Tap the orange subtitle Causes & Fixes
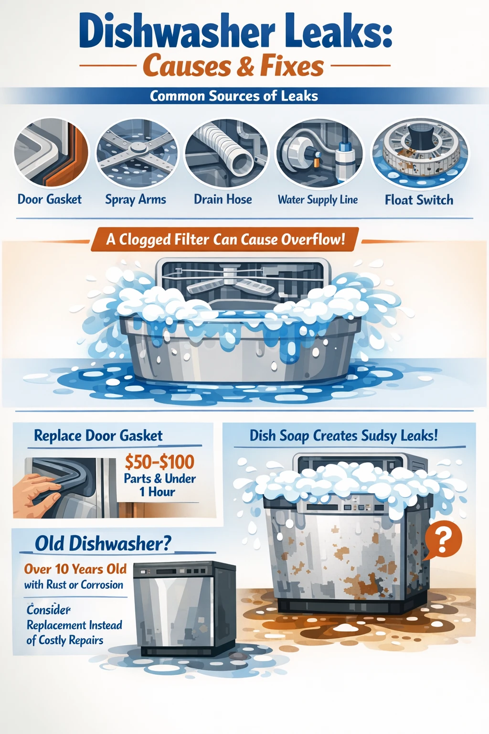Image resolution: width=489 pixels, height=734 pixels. (x=234, y=66)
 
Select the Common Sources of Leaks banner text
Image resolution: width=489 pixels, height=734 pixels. (x=234, y=96)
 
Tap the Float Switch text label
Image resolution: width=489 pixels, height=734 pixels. (x=419, y=200)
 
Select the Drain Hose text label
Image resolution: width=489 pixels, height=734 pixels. (x=223, y=199)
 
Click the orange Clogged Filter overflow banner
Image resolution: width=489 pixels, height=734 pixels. (x=225, y=239)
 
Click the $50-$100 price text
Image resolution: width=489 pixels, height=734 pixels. (x=159, y=462)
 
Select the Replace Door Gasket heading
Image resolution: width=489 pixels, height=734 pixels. (x=98, y=436)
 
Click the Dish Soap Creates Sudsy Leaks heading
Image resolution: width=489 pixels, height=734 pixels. (x=343, y=436)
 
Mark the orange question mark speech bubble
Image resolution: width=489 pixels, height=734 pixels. (x=443, y=540)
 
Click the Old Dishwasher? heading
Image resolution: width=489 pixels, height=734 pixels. (x=103, y=544)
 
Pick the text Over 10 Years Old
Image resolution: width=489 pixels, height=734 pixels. (x=75, y=569)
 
